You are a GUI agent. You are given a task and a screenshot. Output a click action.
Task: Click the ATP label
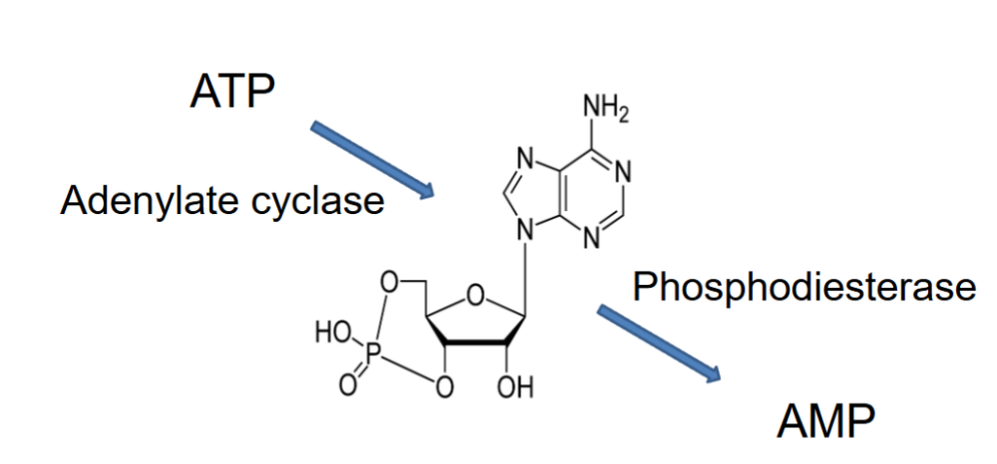[x=232, y=91]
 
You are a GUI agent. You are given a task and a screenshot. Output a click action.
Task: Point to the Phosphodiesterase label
[x=804, y=288]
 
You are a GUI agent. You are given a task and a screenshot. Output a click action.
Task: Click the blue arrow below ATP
[x=373, y=158]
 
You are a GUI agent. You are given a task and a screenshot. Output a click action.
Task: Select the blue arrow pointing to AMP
[x=658, y=343]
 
